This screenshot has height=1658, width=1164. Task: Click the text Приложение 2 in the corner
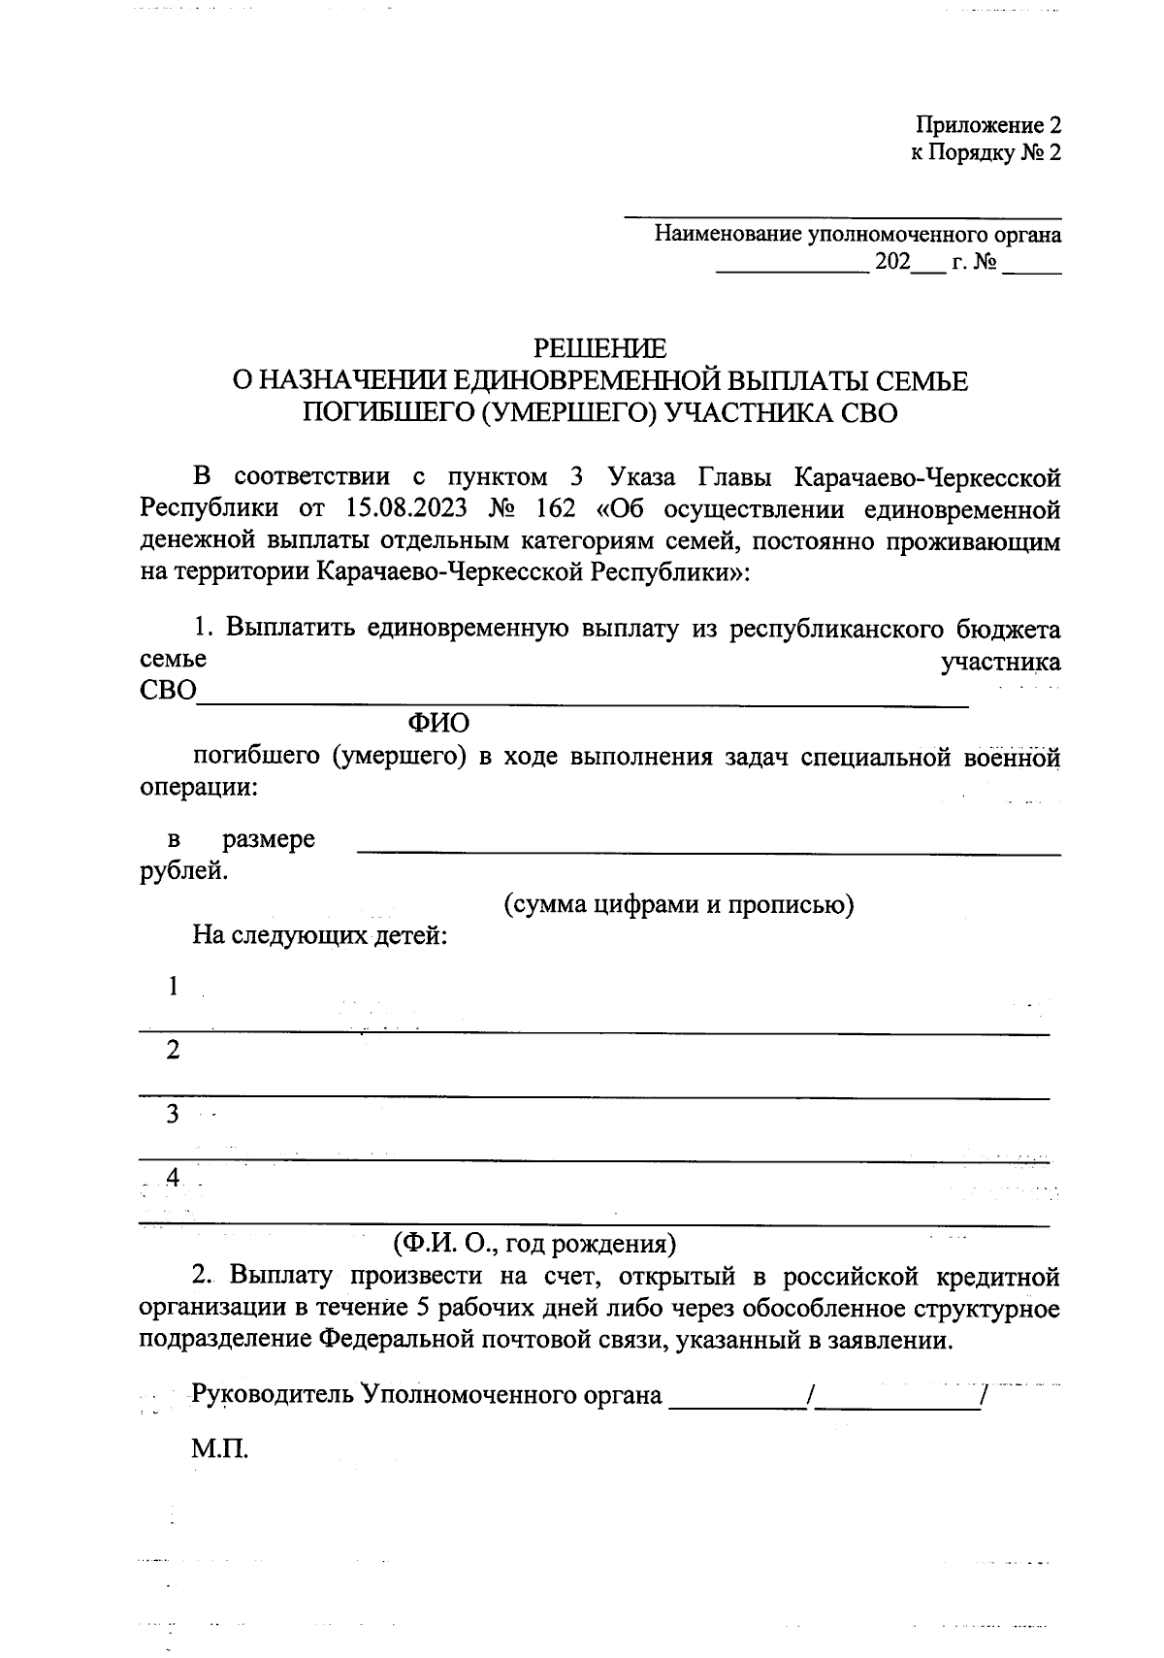click(x=988, y=125)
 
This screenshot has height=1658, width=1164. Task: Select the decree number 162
click(x=554, y=508)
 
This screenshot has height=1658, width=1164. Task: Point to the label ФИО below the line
click(x=438, y=723)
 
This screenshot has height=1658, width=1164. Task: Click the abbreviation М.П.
click(x=220, y=1450)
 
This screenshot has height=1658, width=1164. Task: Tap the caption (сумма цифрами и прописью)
click(x=678, y=904)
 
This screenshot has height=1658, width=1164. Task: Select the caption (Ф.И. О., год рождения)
click(x=533, y=1243)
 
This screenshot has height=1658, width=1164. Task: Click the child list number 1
click(x=174, y=987)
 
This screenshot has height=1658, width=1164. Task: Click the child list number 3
click(x=174, y=1114)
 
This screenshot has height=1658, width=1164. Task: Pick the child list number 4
click(x=174, y=1177)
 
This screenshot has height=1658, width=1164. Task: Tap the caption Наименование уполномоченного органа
click(x=857, y=234)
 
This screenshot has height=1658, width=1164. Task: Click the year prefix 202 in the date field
click(x=892, y=263)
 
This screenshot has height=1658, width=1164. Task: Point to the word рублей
click(x=184, y=870)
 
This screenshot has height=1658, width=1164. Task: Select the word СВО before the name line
click(x=168, y=692)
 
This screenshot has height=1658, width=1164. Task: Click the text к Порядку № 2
click(x=986, y=153)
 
